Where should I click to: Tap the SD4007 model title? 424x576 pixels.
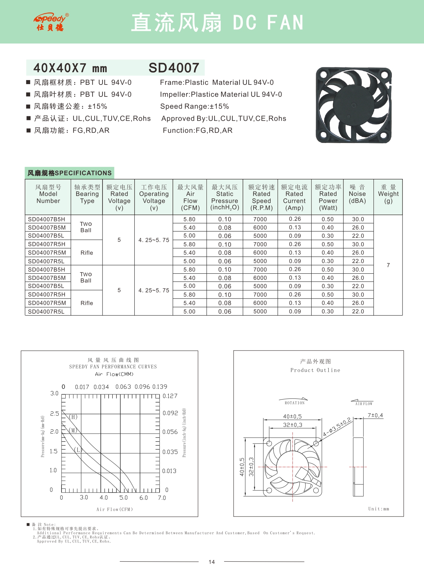click(x=174, y=68)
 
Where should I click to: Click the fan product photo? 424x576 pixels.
click(x=354, y=105)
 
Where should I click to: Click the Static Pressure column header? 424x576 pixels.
click(x=224, y=197)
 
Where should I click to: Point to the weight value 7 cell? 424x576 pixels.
click(x=388, y=265)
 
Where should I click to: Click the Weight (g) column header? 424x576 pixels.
click(x=388, y=194)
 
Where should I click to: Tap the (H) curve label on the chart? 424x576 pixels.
click(x=73, y=417)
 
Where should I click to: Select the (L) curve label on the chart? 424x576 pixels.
click(x=78, y=450)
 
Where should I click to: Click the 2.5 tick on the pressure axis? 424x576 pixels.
click(x=55, y=414)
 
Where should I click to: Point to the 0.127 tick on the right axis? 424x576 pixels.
click(x=170, y=396)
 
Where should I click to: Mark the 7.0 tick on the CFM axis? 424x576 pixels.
click(x=162, y=498)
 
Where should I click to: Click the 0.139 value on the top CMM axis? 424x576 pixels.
click(x=160, y=387)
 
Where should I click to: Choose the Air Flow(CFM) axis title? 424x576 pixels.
click(x=114, y=509)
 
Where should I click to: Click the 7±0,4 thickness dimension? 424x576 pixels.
click(x=375, y=415)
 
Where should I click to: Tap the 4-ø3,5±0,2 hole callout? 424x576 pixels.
click(x=337, y=427)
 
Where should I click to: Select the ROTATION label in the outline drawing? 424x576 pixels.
click(x=295, y=403)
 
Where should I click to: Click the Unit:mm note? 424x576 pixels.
click(x=379, y=509)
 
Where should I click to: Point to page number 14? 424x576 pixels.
click(x=212, y=562)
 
